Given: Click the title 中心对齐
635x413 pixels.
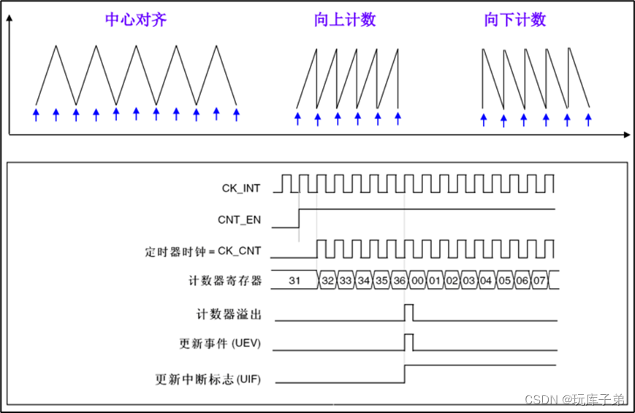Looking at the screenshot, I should pyautogui.click(x=137, y=20).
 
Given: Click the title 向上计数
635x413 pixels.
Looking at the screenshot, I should pyautogui.click(x=345, y=20).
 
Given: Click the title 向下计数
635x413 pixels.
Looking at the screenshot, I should pyautogui.click(x=515, y=20).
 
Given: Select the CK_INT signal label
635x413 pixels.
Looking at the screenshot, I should pyautogui.click(x=241, y=189).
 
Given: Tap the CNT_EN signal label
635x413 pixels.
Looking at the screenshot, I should pyautogui.click(x=240, y=219).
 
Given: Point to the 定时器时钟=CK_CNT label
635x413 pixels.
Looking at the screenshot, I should pyautogui.click(x=204, y=251).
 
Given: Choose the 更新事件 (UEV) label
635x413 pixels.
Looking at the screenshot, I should pyautogui.click(x=220, y=344).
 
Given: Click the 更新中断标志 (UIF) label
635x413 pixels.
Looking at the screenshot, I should pyautogui.click(x=209, y=379).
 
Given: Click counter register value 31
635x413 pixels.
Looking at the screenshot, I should pyautogui.click(x=295, y=281).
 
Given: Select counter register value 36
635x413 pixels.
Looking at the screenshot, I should pyautogui.click(x=398, y=281).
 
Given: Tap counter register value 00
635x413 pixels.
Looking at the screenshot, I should pyautogui.click(x=417, y=281).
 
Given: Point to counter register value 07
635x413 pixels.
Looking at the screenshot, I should pyautogui.click(x=539, y=281).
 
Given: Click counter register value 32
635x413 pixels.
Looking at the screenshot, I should pyautogui.click(x=328, y=281).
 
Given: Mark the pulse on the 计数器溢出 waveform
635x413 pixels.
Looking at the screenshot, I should pyautogui.click(x=408, y=312).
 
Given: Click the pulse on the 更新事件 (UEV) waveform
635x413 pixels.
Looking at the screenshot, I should pyautogui.click(x=408, y=341).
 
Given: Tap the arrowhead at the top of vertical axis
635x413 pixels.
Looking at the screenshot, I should pyautogui.click(x=9, y=19).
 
